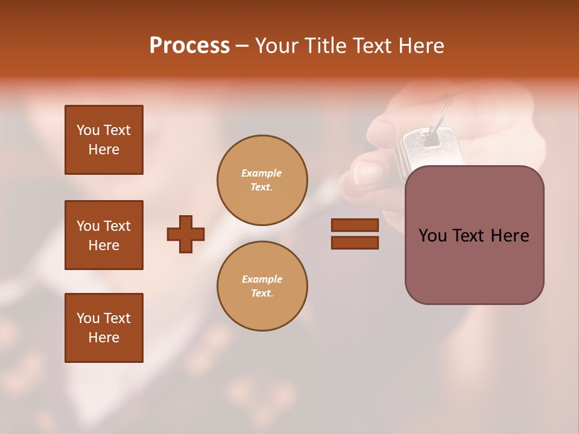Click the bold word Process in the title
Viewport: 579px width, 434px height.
[189, 46]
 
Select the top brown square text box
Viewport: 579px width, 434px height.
[104, 140]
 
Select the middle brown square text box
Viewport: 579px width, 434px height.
[104, 235]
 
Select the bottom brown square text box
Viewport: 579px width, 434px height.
[104, 328]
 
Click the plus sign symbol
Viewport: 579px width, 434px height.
[186, 234]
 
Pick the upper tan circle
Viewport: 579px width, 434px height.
[262, 180]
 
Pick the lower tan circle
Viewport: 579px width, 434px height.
[262, 286]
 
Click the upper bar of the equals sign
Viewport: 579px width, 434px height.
[355, 225]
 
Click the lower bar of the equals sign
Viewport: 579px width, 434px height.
[355, 242]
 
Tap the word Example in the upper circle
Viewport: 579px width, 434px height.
[262, 174]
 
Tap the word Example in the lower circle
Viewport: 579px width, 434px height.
[262, 280]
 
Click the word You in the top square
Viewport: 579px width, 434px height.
[87, 130]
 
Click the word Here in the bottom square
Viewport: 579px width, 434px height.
[104, 338]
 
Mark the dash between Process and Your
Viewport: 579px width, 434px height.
[242, 46]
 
